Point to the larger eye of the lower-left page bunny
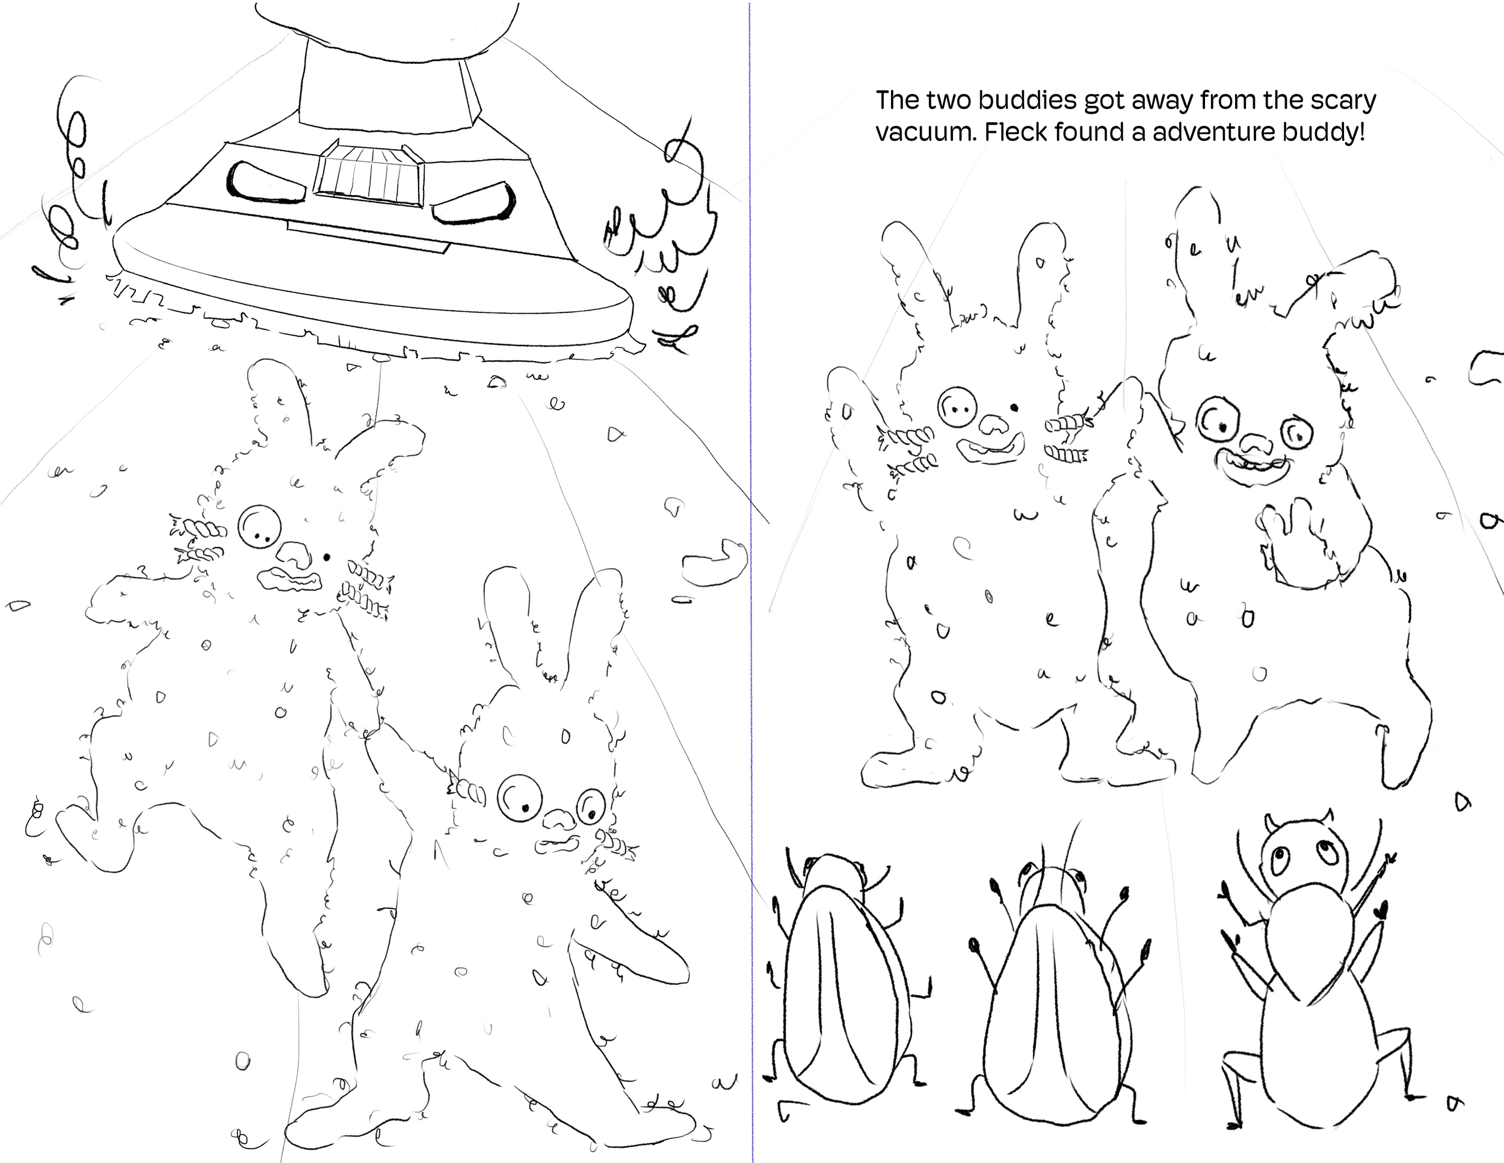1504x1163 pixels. [x=519, y=798]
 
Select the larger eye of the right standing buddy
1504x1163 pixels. [x=1218, y=419]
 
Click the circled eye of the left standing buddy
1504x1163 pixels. [x=958, y=408]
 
